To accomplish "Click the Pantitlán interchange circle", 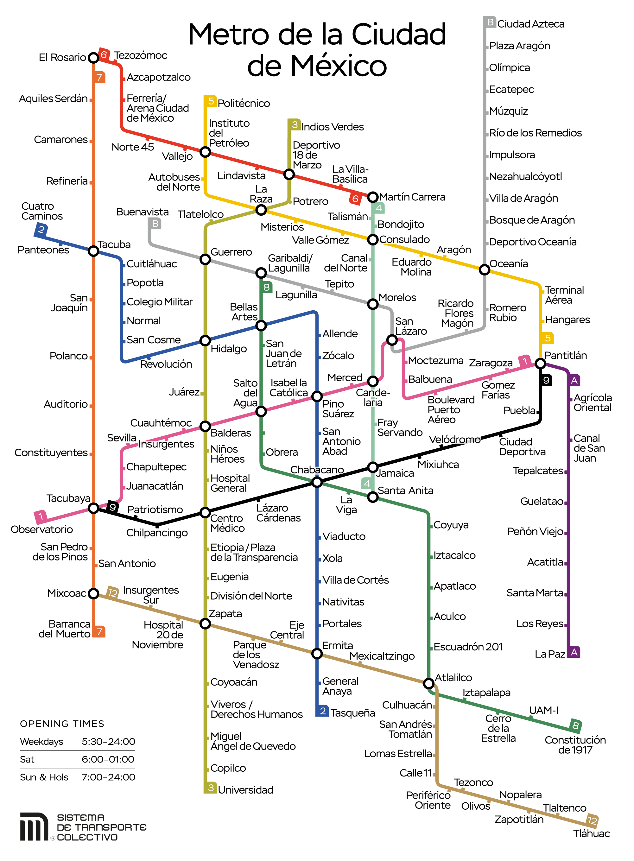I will (x=540, y=363).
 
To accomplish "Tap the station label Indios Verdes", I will (x=332, y=127).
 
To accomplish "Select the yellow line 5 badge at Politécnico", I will (x=211, y=101).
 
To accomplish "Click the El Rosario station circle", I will (x=93, y=58).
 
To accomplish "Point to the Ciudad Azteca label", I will (x=530, y=24).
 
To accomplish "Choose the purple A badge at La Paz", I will (x=574, y=652).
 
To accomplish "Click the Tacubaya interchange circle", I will (x=93, y=508).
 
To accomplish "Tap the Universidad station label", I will (x=246, y=790).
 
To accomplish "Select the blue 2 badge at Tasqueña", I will (x=322, y=711).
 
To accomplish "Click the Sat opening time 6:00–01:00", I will (x=108, y=759).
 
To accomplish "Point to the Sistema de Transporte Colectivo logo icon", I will (x=34, y=826).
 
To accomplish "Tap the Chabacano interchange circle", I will (x=317, y=482).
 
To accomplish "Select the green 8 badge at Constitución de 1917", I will (x=575, y=725).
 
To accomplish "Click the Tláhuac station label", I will (x=591, y=833).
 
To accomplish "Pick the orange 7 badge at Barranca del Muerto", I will (x=99, y=631).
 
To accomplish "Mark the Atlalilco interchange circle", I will (x=428, y=683).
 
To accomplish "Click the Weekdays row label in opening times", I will (x=41, y=741).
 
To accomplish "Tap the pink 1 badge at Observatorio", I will (x=41, y=516).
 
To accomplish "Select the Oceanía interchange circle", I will (x=484, y=270).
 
